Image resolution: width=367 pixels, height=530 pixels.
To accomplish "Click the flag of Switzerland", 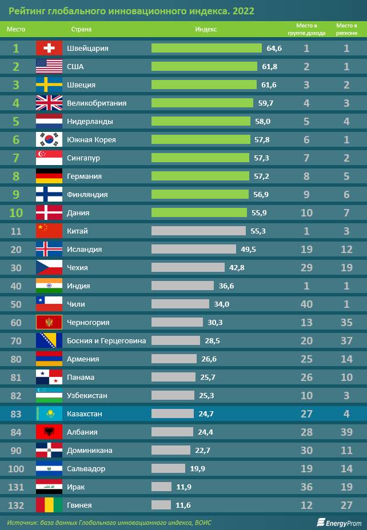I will pyautogui.click(x=49, y=49).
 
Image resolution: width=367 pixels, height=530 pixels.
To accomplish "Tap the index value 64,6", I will pyautogui.click(x=274, y=49).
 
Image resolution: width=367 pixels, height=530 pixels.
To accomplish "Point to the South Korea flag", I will pyautogui.click(x=49, y=140).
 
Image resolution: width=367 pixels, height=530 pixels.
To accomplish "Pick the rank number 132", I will pyautogui.click(x=16, y=505).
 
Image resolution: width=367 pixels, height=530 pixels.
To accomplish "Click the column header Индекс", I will pyautogui.click(x=206, y=29).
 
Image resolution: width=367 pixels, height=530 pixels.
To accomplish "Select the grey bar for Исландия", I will pyautogui.click(x=193, y=250).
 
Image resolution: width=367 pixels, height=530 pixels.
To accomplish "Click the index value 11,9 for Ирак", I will pyautogui.click(x=185, y=487).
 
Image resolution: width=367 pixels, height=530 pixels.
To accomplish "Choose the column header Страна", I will pyautogui.click(x=81, y=29).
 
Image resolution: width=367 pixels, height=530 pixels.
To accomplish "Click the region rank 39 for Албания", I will pyautogui.click(x=346, y=432).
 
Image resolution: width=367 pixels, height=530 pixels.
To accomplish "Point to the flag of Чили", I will pyautogui.click(x=49, y=304).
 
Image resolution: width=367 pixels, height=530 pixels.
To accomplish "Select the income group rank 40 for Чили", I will pyautogui.click(x=306, y=304).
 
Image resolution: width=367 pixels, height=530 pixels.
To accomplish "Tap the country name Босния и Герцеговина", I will pyautogui.click(x=106, y=341).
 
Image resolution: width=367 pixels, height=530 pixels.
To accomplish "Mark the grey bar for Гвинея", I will pyautogui.click(x=161, y=505).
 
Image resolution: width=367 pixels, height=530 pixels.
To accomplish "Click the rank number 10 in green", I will pyautogui.click(x=16, y=213).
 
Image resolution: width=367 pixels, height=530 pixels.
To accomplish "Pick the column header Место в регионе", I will pyautogui.click(x=346, y=29).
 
